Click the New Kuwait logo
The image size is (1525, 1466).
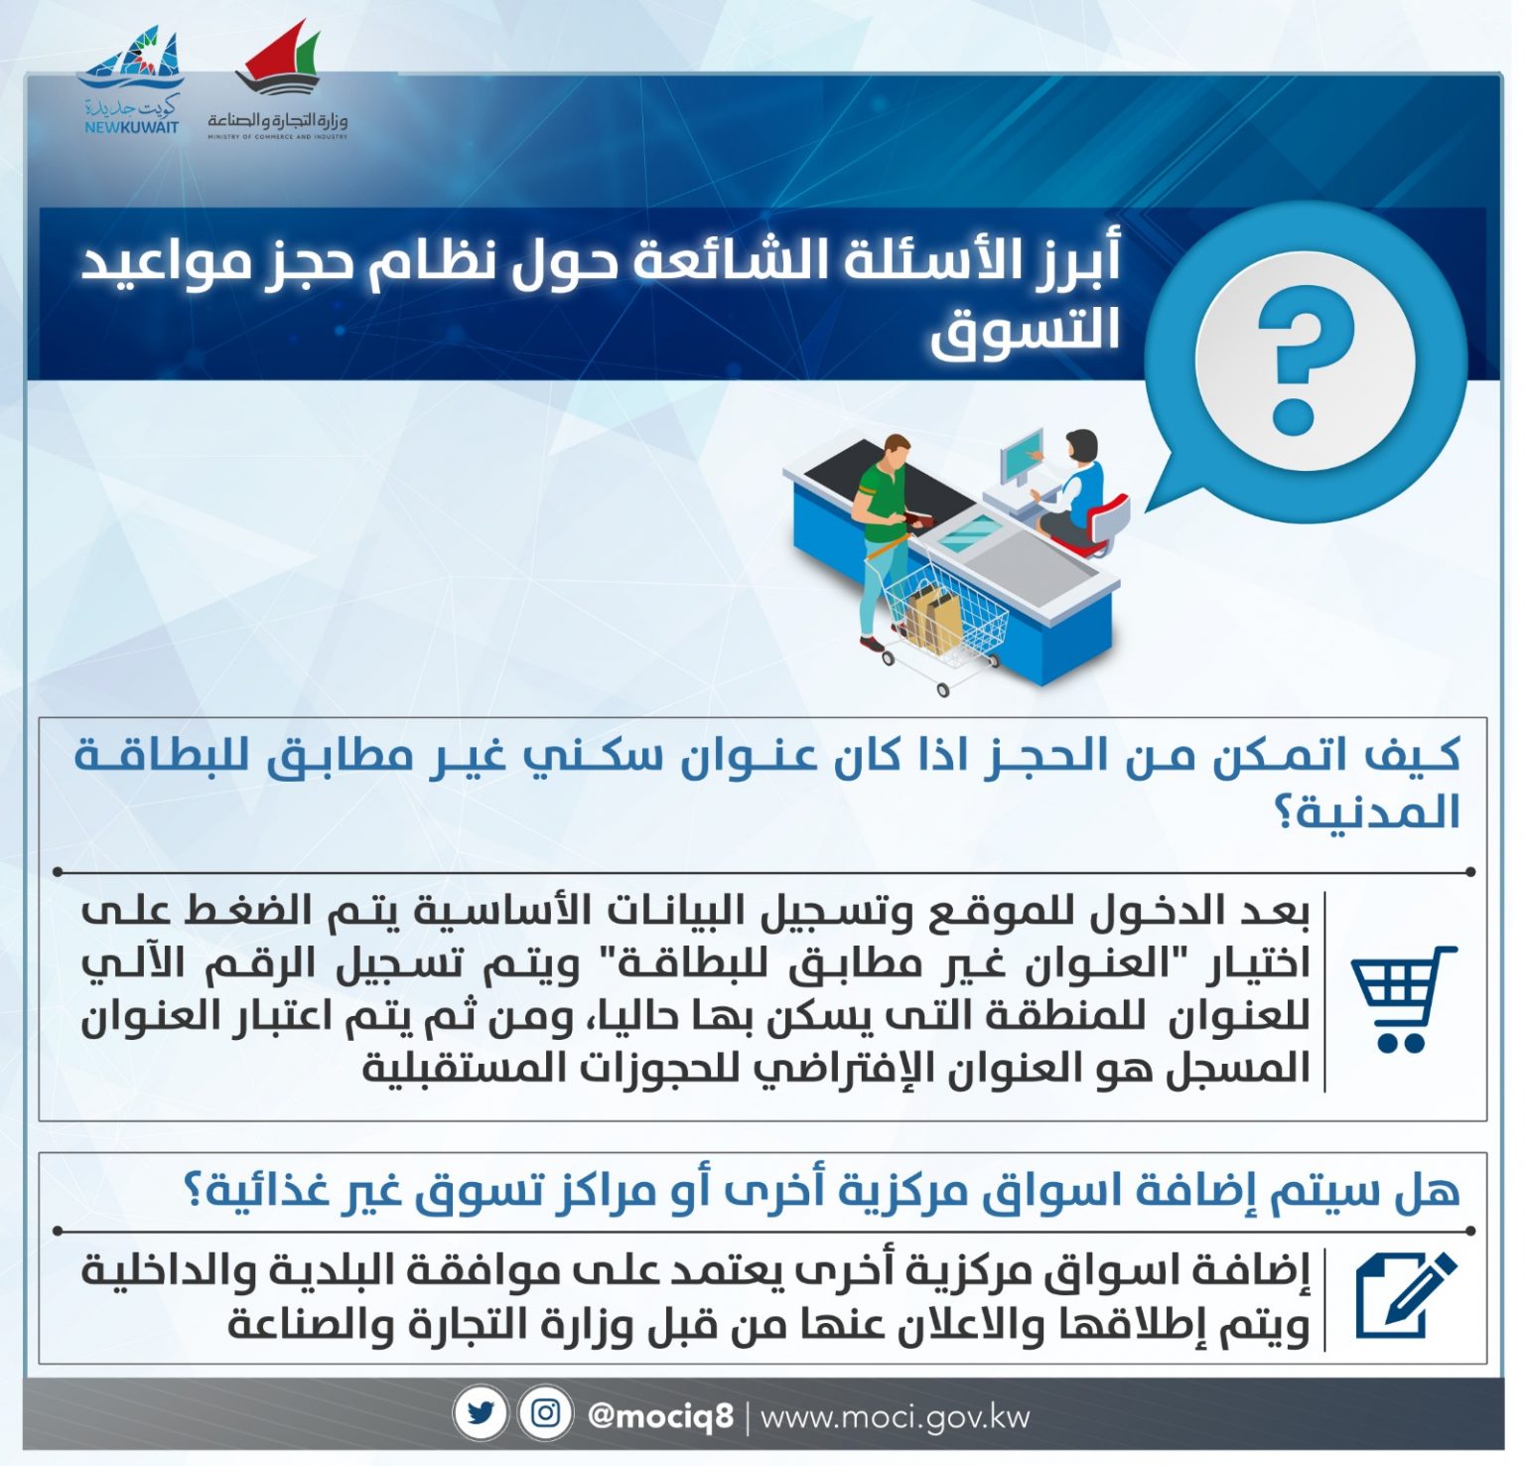[131, 81]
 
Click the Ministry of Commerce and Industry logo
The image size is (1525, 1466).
[278, 83]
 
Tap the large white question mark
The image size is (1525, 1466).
[1294, 361]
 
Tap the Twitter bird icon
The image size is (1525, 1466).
[482, 1413]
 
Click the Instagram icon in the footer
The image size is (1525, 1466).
[545, 1413]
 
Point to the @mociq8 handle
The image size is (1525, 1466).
[660, 1414]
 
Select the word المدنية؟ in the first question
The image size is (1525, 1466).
[1367, 811]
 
